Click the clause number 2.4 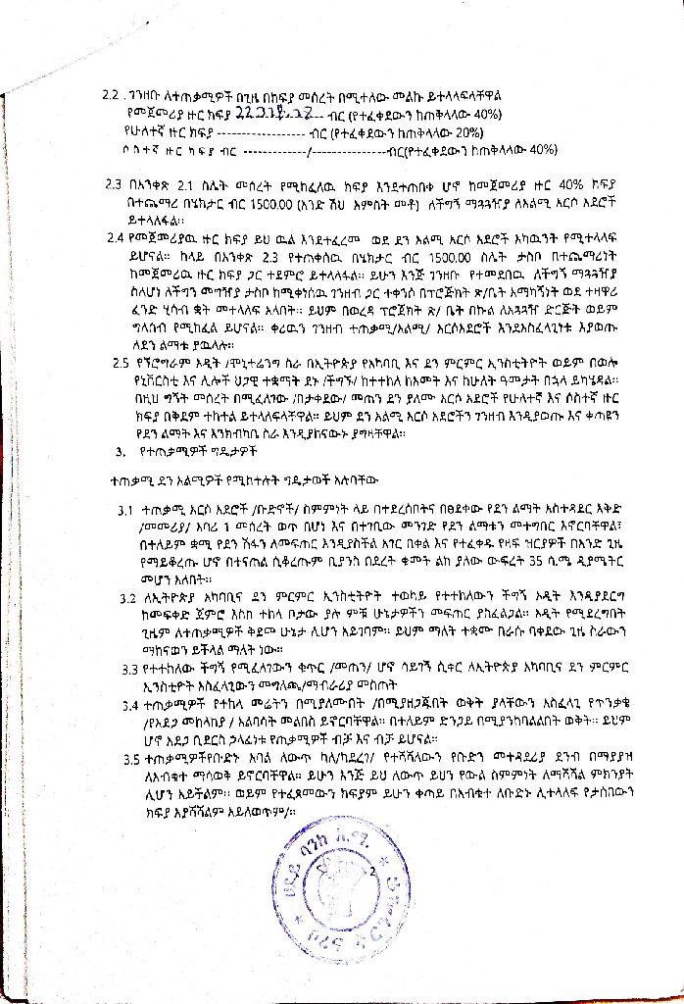click(x=121, y=236)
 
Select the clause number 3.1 click(x=125, y=512)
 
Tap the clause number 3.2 click(x=127, y=597)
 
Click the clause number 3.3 click(x=126, y=669)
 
